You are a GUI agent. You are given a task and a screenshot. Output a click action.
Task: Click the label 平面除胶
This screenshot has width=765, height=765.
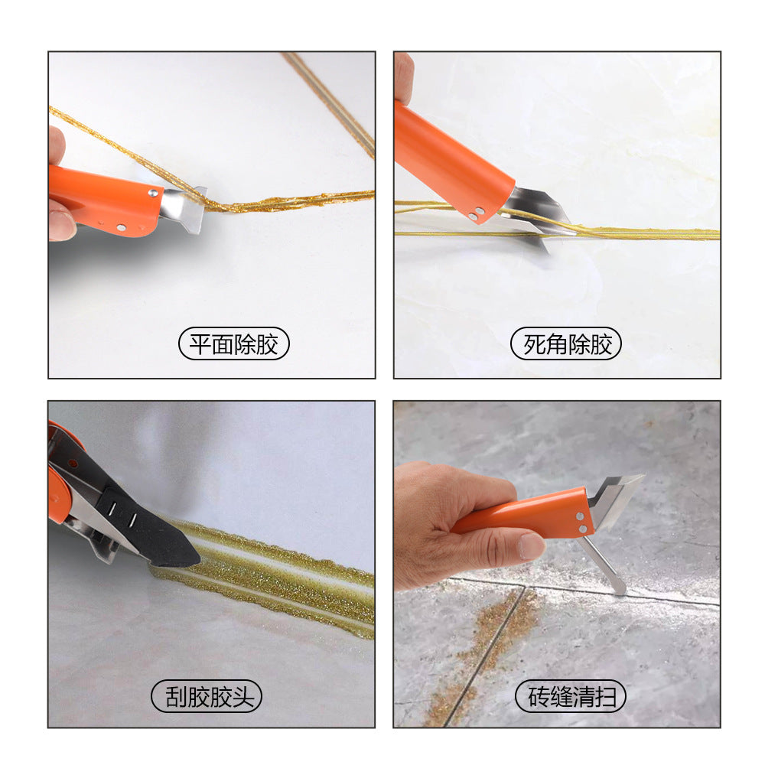233,345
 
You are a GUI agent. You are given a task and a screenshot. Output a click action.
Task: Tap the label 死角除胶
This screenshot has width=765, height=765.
566,345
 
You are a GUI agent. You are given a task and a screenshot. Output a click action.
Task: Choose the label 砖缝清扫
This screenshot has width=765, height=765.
566,697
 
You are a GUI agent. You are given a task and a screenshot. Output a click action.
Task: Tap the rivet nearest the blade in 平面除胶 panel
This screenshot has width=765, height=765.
153,194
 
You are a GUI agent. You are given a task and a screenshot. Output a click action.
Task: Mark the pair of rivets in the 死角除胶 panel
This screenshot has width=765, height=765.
477,213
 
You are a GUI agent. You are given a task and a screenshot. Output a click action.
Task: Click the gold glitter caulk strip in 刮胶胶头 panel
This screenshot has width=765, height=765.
291,581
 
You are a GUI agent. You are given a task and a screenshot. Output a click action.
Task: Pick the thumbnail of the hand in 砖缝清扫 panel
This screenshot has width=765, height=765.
530,545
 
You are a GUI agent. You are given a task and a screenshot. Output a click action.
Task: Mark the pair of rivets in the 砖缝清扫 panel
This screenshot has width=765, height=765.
583,523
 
